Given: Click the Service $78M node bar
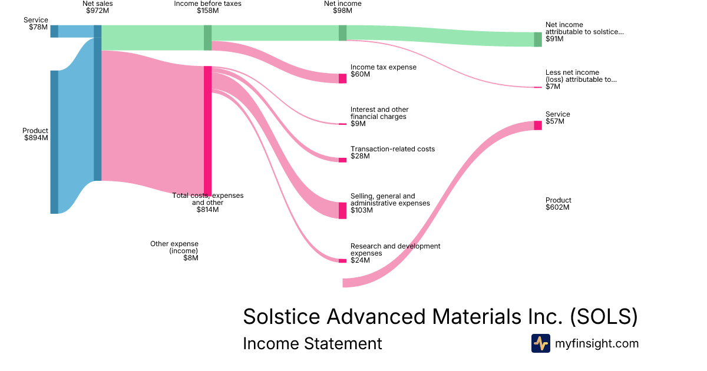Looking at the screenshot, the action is coord(54,31).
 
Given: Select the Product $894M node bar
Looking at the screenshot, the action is coord(54,142).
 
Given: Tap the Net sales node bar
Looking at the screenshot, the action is coord(98,103).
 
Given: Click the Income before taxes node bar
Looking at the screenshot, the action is coord(207,38).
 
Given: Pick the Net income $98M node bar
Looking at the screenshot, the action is coord(342,33).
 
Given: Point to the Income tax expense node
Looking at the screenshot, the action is coord(342,78).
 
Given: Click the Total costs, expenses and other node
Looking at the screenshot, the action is coord(207,130).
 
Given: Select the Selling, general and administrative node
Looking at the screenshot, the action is coord(342,210).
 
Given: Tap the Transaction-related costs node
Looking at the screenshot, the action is coord(342,160).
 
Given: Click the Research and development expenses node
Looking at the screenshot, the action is coord(342,260).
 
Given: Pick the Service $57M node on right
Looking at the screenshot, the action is coord(537,125).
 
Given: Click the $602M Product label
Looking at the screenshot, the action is coord(557,207).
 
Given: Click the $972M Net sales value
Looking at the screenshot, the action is coord(97,11).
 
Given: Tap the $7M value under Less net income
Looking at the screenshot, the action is coord(553,87).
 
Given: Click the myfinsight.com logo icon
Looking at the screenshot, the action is coord(540,343).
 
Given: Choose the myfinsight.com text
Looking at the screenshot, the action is coord(597,343).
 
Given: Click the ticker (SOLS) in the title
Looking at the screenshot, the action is coord(604,316).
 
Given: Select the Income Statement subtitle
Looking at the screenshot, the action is coord(312,343).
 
